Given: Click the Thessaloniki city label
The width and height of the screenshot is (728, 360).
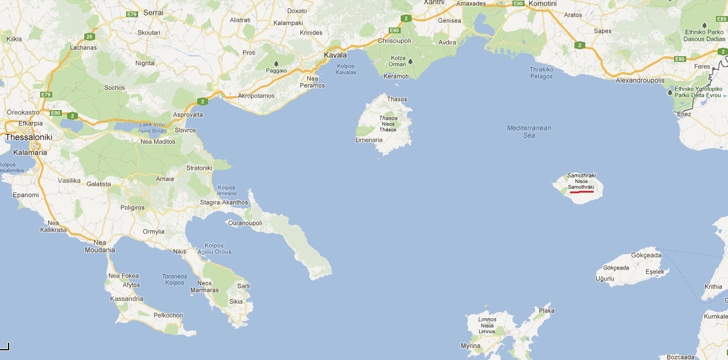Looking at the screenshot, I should [x=29, y=138].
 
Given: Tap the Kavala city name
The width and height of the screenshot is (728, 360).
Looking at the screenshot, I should [x=335, y=56].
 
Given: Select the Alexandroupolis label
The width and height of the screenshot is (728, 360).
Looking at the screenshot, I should [x=640, y=81].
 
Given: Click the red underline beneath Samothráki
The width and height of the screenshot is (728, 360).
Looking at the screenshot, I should [x=581, y=192].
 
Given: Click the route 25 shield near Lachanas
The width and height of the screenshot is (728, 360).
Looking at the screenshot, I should [x=89, y=37].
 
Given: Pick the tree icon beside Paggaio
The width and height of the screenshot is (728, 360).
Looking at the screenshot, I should [x=276, y=64].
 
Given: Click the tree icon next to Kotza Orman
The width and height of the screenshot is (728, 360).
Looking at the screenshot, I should [x=410, y=61].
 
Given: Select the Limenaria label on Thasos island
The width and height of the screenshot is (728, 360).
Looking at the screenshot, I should [x=369, y=140].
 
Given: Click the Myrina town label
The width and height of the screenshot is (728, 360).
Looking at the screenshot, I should [x=470, y=346].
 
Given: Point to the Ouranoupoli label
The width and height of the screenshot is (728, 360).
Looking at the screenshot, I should [x=245, y=223].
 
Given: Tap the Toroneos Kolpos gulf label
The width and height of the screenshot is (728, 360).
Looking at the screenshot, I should [x=174, y=279].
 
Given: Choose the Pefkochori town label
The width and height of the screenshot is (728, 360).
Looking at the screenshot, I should [x=168, y=315].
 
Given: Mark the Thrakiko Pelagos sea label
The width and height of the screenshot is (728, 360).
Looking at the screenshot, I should [x=541, y=73].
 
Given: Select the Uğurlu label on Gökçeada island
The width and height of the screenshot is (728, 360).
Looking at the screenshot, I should [x=605, y=279].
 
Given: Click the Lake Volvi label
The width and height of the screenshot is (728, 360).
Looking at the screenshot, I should [x=151, y=124].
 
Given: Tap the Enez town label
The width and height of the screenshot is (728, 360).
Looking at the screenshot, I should [x=683, y=114].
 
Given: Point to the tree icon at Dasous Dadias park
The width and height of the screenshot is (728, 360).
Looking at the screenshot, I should [x=704, y=25].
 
